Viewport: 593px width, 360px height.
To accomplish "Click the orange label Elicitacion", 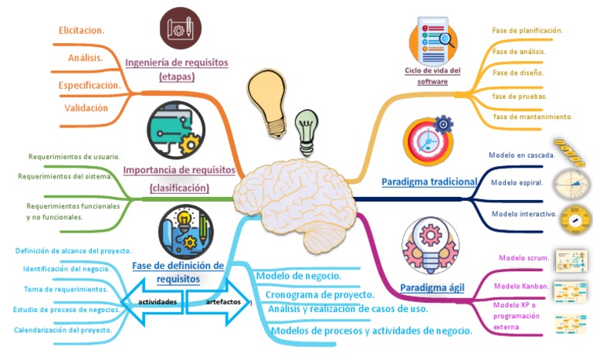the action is point(82,31).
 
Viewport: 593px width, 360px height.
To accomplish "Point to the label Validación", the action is point(86,108).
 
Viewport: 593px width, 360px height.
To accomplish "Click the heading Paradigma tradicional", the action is point(429,182).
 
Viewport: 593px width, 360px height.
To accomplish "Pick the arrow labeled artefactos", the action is point(220,301).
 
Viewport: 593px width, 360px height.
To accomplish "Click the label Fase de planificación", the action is point(527,31).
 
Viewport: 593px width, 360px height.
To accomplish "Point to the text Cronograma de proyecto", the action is point(320,294).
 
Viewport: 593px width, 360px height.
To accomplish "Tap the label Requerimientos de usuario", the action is point(74,157).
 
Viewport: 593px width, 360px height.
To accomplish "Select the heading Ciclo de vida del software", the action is point(432,76).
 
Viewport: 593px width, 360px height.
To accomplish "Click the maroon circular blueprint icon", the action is point(182,27).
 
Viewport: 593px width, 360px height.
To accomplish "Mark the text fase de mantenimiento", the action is point(532,117).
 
